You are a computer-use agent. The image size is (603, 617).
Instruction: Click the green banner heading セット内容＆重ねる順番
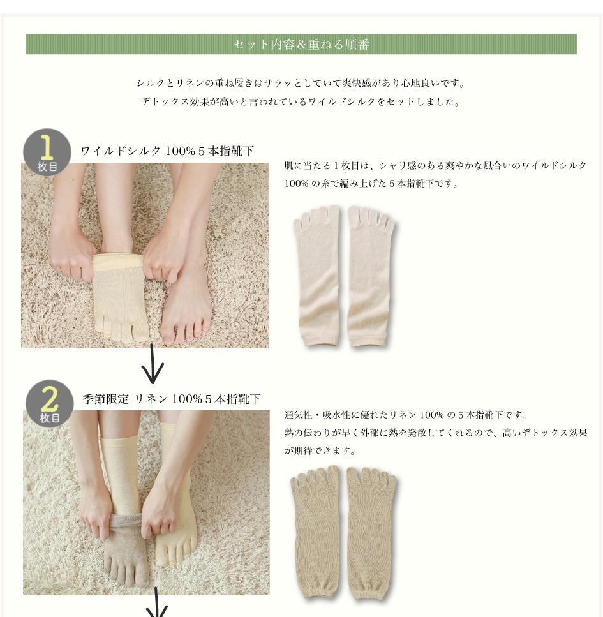tap(301, 44)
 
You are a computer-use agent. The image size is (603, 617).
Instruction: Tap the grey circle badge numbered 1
tap(47, 152)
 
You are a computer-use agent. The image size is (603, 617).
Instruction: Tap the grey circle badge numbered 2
tap(50, 403)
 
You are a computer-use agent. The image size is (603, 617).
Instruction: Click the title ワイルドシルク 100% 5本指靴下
tap(167, 151)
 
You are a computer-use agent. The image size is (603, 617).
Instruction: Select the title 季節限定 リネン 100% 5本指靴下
tap(172, 399)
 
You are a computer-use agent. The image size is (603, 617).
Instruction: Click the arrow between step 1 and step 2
tap(153, 364)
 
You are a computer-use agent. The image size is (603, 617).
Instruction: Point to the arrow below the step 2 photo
tap(157, 602)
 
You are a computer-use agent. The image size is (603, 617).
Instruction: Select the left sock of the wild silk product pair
tap(317, 276)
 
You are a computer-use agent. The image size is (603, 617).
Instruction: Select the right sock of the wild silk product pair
tap(370, 276)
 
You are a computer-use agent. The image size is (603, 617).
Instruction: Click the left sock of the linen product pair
tap(315, 533)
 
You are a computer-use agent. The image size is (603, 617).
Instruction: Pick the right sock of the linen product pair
tap(371, 533)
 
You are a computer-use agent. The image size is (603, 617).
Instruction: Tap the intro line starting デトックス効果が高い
tap(301, 101)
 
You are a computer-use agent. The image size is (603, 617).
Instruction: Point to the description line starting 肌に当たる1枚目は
tap(436, 166)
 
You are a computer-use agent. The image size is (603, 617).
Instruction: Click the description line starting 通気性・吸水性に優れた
tap(406, 415)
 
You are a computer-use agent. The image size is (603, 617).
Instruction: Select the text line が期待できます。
tap(320, 450)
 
